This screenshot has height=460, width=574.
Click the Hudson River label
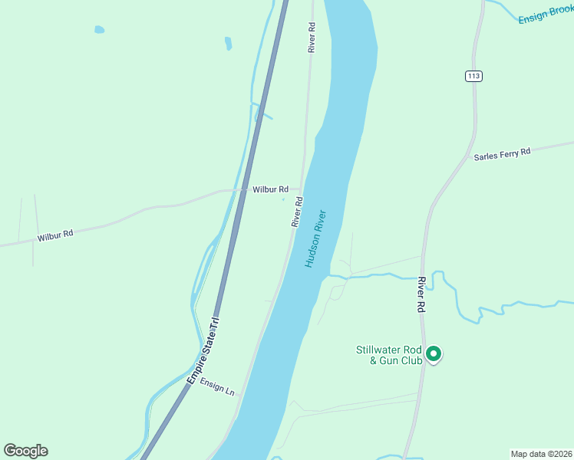(315, 238)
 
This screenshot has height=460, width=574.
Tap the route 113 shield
(473, 76)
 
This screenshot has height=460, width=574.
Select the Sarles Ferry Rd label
(502, 153)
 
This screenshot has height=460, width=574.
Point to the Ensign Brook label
(546, 14)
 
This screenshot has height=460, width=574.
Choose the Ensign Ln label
(217, 385)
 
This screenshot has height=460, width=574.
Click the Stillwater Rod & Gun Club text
(389, 355)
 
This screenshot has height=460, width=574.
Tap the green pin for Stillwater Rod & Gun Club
(433, 354)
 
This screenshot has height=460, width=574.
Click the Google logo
(25, 451)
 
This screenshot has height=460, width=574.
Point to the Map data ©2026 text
(541, 453)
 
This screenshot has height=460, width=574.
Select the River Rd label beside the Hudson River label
(298, 212)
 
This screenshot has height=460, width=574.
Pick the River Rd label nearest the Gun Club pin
(421, 294)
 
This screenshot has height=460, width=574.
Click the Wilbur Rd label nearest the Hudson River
(271, 189)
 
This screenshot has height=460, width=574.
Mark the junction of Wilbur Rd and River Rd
(302, 189)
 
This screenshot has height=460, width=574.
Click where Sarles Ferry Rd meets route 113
(469, 157)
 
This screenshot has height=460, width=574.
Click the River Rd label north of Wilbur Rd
(312, 37)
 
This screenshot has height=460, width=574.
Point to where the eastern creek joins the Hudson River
(331, 274)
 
